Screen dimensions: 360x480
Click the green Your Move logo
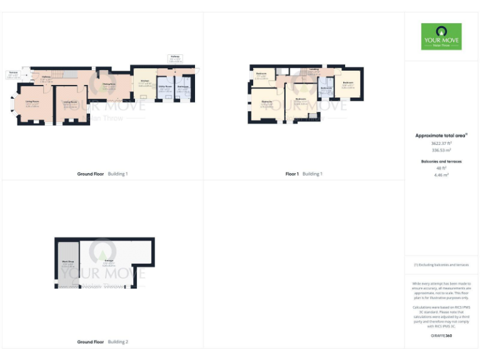click(441, 37)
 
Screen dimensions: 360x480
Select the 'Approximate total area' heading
click(441, 135)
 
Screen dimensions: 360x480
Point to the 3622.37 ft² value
click(441, 142)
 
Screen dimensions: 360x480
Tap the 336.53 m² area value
click(441, 150)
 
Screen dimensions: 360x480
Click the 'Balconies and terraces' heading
click(441, 161)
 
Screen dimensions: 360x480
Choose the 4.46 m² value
click(441, 176)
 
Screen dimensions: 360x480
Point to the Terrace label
click(12, 73)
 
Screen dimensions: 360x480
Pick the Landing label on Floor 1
click(314, 69)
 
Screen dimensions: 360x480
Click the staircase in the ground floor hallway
click(56, 74)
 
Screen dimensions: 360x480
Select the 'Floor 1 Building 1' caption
click(303, 174)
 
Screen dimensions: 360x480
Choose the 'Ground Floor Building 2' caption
click(102, 342)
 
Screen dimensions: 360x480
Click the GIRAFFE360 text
click(441, 337)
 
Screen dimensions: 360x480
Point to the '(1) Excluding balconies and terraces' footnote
click(441, 265)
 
